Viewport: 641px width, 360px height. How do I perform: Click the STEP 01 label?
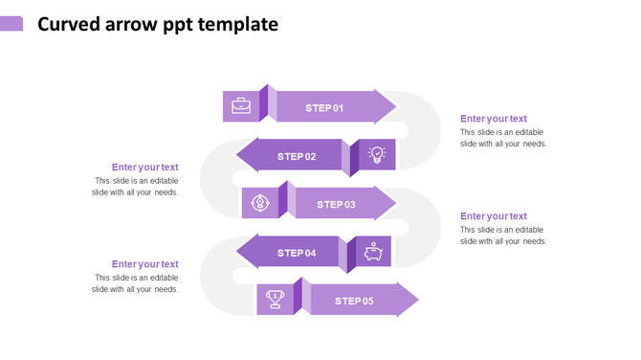[324, 108]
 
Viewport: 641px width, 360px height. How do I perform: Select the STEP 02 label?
[297, 156]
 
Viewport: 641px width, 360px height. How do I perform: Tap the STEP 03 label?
[336, 204]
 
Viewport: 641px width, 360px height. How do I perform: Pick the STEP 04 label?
[297, 253]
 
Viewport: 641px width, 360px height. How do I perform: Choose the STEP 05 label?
[354, 302]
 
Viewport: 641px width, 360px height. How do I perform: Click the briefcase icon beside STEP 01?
[241, 106]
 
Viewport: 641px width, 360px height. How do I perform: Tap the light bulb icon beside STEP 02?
[377, 154]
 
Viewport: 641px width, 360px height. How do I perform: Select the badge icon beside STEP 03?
[259, 203]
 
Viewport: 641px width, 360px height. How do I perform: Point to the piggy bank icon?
[373, 253]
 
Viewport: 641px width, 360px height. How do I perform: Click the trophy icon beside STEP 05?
[275, 300]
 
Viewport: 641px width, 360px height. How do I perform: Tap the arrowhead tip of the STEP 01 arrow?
[394, 107]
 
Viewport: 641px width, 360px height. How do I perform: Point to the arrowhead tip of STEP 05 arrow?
[417, 300]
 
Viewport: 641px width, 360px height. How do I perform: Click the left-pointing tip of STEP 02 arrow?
[237, 156]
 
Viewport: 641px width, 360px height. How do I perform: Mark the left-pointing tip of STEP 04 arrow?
[237, 253]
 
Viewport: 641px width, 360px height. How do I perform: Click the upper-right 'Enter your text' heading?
[493, 119]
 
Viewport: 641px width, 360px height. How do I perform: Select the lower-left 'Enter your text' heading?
[144, 264]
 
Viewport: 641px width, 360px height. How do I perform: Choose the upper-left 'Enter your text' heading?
[144, 168]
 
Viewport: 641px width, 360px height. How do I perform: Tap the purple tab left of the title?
[11, 24]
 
